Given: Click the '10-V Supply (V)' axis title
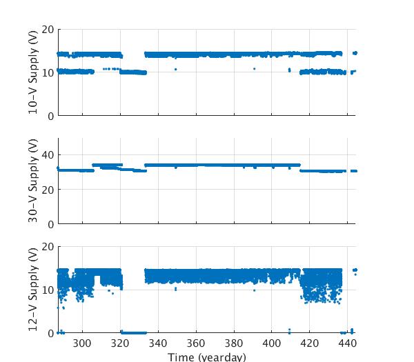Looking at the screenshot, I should click(33, 72).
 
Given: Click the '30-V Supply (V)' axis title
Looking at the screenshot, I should click(33, 181).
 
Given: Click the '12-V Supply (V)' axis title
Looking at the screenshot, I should click(33, 290).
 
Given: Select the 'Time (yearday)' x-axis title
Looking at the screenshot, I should click(207, 356).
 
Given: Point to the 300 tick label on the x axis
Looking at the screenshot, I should click(82, 343).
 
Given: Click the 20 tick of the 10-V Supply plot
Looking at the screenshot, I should click(48, 29).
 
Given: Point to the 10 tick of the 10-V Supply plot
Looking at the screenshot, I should click(48, 72).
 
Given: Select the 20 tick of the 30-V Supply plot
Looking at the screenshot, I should click(48, 190).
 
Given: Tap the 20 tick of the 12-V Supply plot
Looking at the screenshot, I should click(48, 246).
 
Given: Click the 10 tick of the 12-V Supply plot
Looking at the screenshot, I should click(48, 290).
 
